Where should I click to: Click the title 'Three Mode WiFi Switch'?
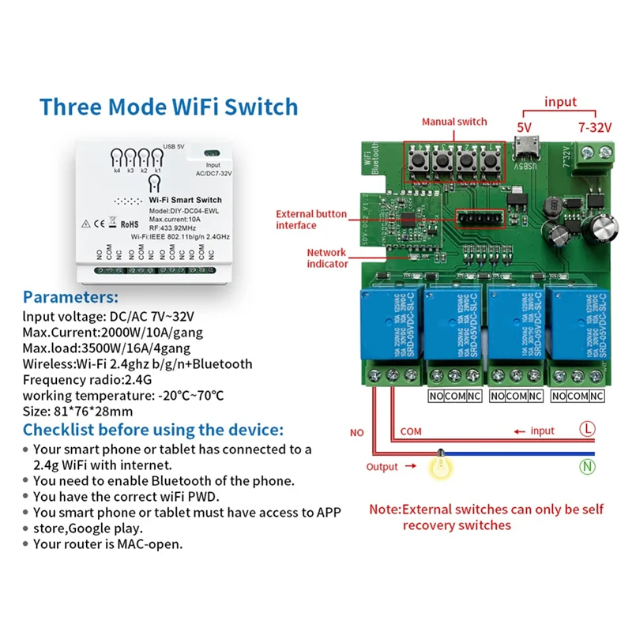click(169, 107)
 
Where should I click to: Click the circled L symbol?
click(587, 431)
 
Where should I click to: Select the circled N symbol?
click(587, 467)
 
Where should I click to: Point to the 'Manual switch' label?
click(454, 122)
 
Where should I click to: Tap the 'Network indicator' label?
click(327, 258)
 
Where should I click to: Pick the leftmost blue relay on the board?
click(388, 325)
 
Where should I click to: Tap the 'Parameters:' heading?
click(71, 298)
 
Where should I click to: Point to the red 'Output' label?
click(382, 467)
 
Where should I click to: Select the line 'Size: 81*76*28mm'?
click(77, 411)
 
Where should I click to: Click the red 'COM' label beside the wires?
click(411, 432)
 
